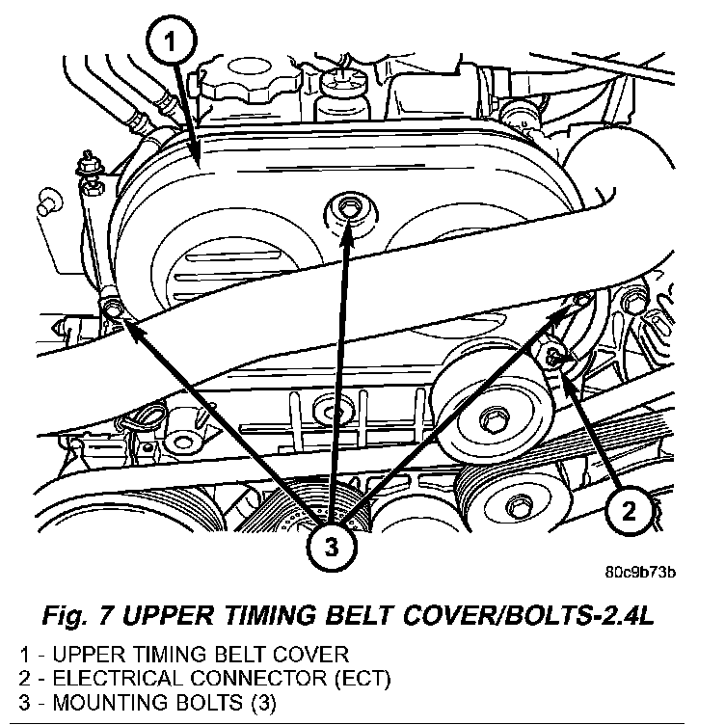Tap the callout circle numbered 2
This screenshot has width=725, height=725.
click(628, 512)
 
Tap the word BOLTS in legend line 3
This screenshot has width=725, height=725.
click(211, 700)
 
